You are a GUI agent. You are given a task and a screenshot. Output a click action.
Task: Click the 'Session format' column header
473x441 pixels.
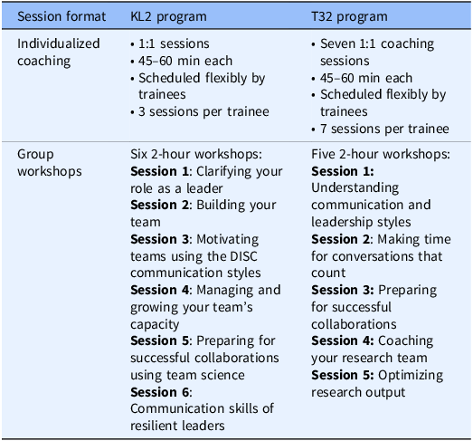click(x=61, y=16)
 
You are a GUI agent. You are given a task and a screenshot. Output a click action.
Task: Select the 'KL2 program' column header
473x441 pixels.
click(x=168, y=17)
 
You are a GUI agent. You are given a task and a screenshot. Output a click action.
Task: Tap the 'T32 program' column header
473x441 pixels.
click(x=349, y=17)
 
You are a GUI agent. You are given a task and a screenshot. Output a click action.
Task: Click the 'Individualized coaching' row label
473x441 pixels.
click(x=59, y=53)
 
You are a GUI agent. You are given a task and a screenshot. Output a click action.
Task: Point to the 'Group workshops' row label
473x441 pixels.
click(x=50, y=162)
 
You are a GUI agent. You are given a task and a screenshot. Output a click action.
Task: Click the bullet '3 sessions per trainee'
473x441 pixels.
click(x=203, y=112)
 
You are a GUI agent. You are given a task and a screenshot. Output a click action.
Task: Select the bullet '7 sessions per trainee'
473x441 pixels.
click(x=384, y=129)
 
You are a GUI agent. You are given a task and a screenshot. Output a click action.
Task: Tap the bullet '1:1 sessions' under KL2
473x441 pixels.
click(x=174, y=44)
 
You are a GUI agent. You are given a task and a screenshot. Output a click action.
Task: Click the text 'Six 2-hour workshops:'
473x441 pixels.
click(x=196, y=154)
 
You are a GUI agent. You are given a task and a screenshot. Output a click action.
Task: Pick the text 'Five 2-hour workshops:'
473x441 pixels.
click(x=381, y=154)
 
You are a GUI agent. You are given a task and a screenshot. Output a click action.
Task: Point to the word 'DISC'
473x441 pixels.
click(x=243, y=256)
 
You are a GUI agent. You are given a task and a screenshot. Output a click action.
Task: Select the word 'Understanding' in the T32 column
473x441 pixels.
click(x=355, y=188)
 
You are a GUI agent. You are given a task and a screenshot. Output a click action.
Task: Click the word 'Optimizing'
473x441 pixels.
click(x=411, y=376)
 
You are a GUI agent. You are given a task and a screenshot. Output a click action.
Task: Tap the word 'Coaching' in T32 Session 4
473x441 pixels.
click(x=406, y=341)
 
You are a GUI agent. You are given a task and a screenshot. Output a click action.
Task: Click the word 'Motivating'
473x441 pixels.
click(x=228, y=240)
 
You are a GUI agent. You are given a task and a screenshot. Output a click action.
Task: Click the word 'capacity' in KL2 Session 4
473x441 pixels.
click(x=155, y=325)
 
